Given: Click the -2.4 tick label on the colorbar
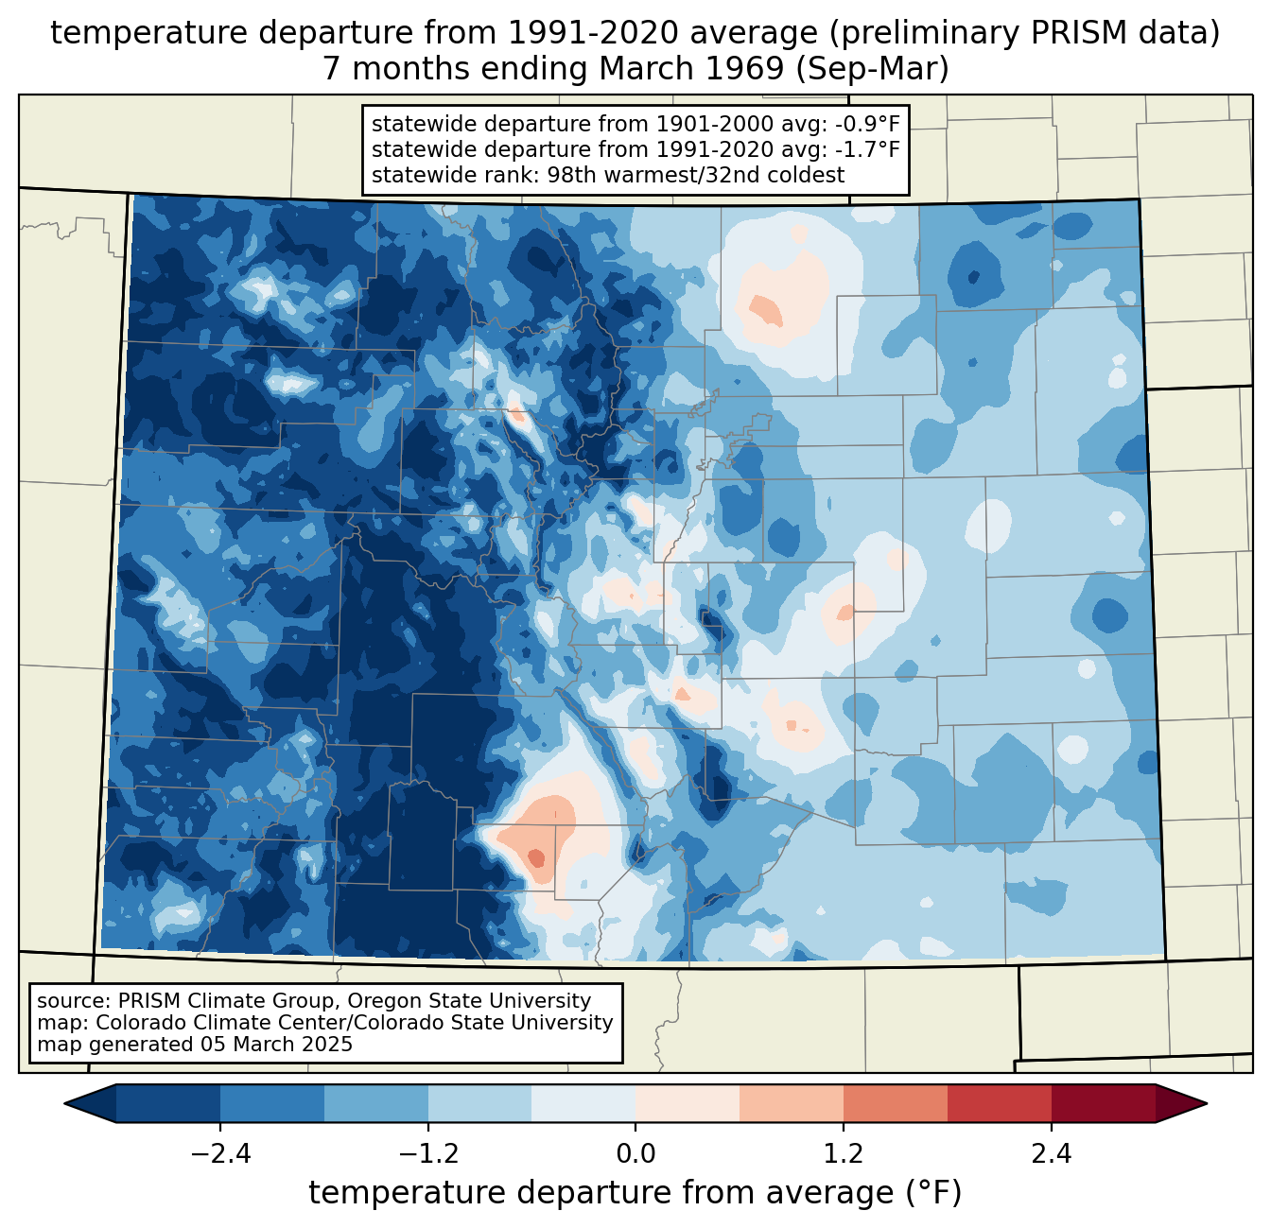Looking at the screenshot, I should pyautogui.click(x=220, y=1154).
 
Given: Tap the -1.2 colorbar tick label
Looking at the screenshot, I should pyautogui.click(x=427, y=1154).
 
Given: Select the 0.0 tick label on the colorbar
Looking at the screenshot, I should pyautogui.click(x=635, y=1154).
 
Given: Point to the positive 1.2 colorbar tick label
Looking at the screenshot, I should pyautogui.click(x=844, y=1154).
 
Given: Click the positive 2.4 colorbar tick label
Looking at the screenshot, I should pyautogui.click(x=1051, y=1154).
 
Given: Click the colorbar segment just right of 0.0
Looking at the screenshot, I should pyautogui.click(x=688, y=1103).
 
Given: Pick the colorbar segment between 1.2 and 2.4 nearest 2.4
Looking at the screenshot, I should pyautogui.click(x=999, y=1103).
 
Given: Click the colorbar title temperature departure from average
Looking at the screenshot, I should pyautogui.click(x=635, y=1193).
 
